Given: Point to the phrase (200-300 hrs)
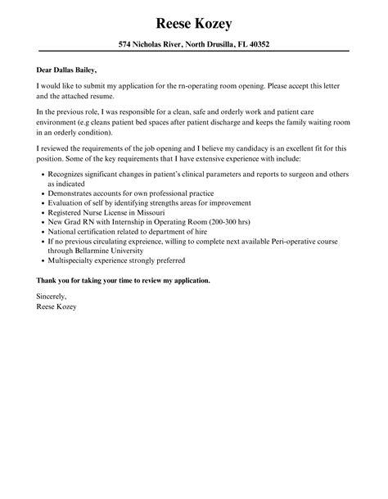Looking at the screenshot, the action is coord(212,221).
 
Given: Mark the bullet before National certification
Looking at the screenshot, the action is coord(42,232).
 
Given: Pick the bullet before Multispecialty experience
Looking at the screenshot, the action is coord(42,260).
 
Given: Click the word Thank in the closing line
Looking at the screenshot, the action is coord(49,280).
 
